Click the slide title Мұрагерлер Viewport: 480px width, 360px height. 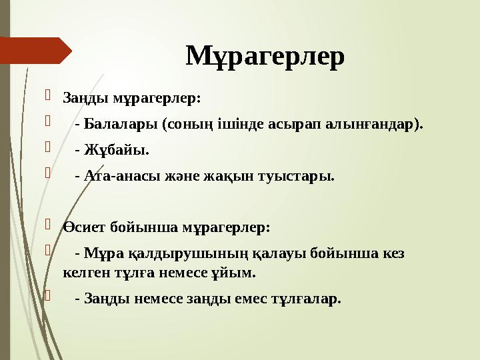(x=265, y=57)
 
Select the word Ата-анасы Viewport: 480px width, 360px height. (x=118, y=177)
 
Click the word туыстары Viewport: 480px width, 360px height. (x=297, y=177)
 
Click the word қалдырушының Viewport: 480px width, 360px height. (x=175, y=253)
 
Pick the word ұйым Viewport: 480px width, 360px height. (x=237, y=273)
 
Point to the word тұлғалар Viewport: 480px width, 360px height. (x=309, y=299)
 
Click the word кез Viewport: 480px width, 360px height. (x=392, y=253)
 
